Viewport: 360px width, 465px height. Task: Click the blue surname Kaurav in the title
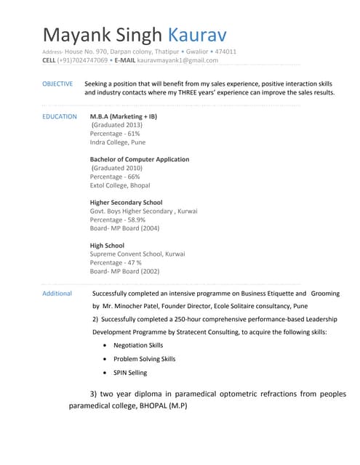click(197, 35)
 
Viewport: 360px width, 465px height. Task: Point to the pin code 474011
click(225, 52)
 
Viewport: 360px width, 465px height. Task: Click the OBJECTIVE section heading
click(57, 84)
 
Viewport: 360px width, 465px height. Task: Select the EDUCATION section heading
click(60, 116)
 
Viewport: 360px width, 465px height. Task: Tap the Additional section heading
click(57, 294)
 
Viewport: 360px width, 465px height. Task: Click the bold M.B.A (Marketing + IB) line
click(123, 116)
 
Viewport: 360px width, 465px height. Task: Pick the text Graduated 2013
click(117, 125)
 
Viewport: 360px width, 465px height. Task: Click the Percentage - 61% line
click(115, 134)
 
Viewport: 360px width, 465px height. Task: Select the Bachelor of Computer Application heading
click(140, 159)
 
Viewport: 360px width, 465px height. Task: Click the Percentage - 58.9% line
click(118, 219)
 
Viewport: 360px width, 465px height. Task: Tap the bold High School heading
click(107, 246)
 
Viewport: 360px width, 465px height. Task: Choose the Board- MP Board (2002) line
click(124, 271)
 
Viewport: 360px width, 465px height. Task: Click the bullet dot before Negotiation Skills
click(107, 346)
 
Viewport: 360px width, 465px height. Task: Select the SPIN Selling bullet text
click(130, 373)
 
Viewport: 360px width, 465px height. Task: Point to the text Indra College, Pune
click(118, 142)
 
